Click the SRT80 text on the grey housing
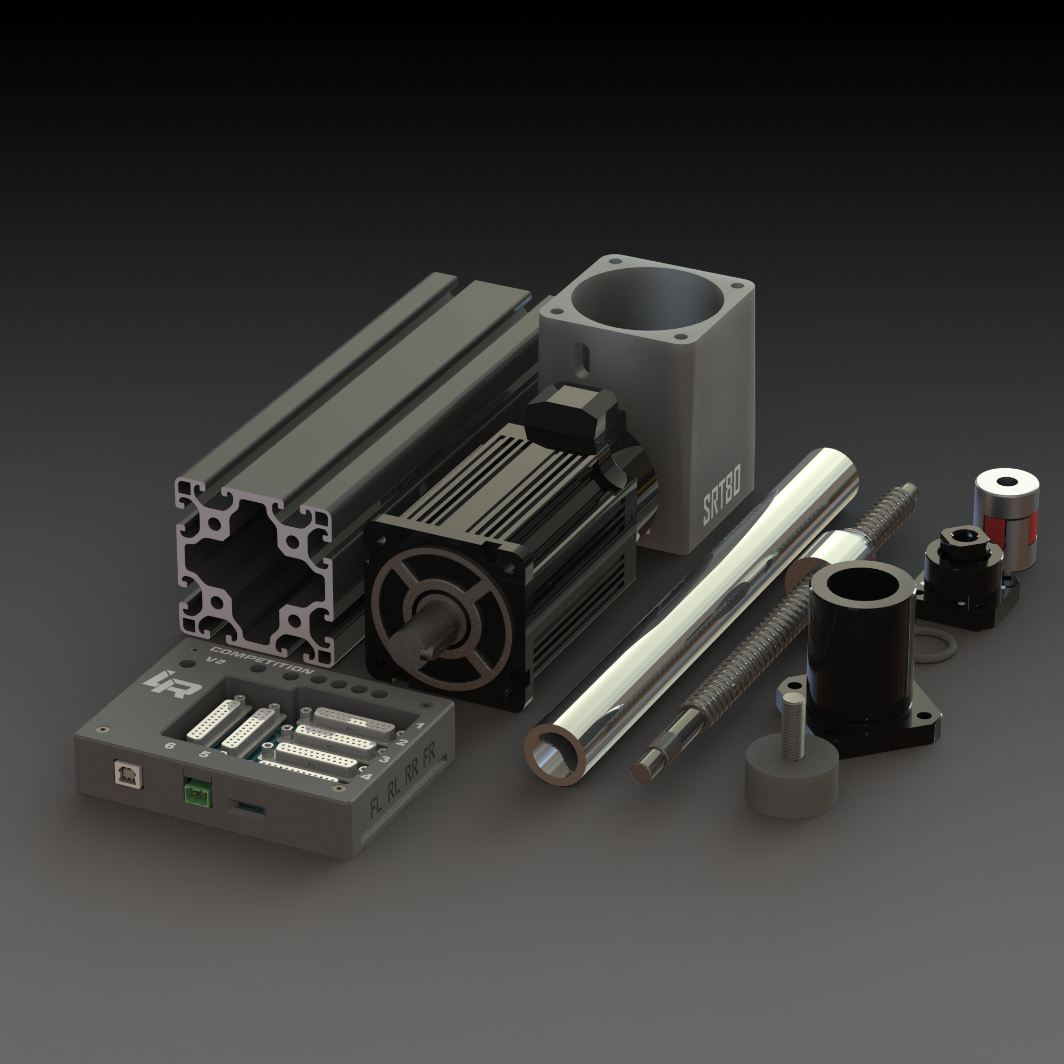pos(721,502)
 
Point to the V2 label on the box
pos(215,660)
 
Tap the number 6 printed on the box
pos(170,746)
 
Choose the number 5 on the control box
pos(204,754)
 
